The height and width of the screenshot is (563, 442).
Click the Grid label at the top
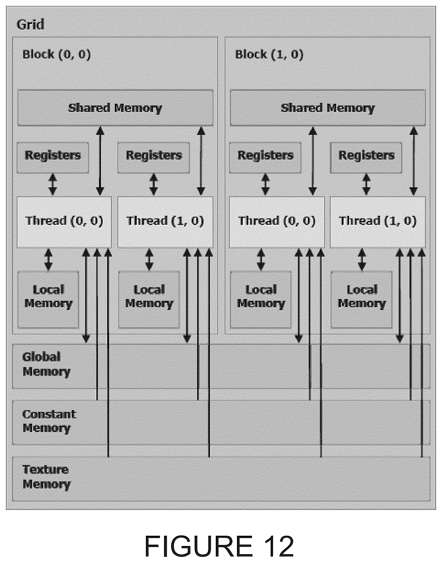pos(30,25)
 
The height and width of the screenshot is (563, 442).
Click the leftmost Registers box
pos(53,157)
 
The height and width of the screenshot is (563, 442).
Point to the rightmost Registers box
pos(366,157)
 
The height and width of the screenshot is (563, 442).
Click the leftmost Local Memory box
pos(48,299)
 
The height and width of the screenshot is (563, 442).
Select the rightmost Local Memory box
pos(361,299)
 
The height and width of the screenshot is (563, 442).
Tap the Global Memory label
pos(46,364)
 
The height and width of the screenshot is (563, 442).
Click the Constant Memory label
pos(49,421)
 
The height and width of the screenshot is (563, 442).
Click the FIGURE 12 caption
pos(219,546)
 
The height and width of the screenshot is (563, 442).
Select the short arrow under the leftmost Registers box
pos(53,184)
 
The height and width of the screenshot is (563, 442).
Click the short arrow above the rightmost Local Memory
pos(362,259)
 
